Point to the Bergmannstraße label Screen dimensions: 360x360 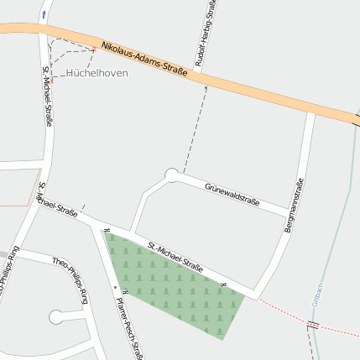[295, 205]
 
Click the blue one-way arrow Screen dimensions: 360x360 [44, 14]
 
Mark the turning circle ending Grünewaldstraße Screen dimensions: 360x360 [172, 175]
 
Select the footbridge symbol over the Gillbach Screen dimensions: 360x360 [313, 326]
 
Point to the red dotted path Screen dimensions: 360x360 [285, 311]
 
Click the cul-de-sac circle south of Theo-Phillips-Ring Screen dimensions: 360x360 [56, 316]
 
